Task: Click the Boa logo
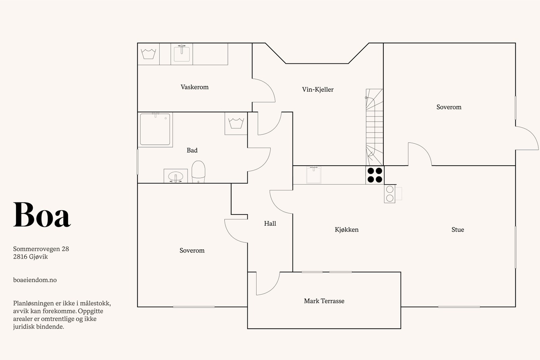click(x=42, y=215)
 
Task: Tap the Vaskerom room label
click(x=194, y=87)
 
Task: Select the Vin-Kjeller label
click(x=318, y=89)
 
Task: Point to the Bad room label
click(x=192, y=150)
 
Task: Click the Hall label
click(x=270, y=223)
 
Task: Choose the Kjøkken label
click(x=347, y=230)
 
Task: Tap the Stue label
click(x=458, y=230)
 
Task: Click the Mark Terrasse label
click(x=324, y=301)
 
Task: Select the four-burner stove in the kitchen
click(x=375, y=175)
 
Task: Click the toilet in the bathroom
click(x=198, y=172)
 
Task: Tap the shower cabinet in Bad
click(x=155, y=130)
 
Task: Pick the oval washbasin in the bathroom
click(x=175, y=176)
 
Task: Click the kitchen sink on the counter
click(x=314, y=175)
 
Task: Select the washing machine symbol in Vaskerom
click(x=148, y=54)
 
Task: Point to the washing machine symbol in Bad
click(x=236, y=123)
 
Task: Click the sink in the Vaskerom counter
click(x=182, y=54)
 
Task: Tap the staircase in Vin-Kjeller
click(x=374, y=127)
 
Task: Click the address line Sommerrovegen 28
click(x=41, y=249)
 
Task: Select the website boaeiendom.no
click(x=35, y=280)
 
